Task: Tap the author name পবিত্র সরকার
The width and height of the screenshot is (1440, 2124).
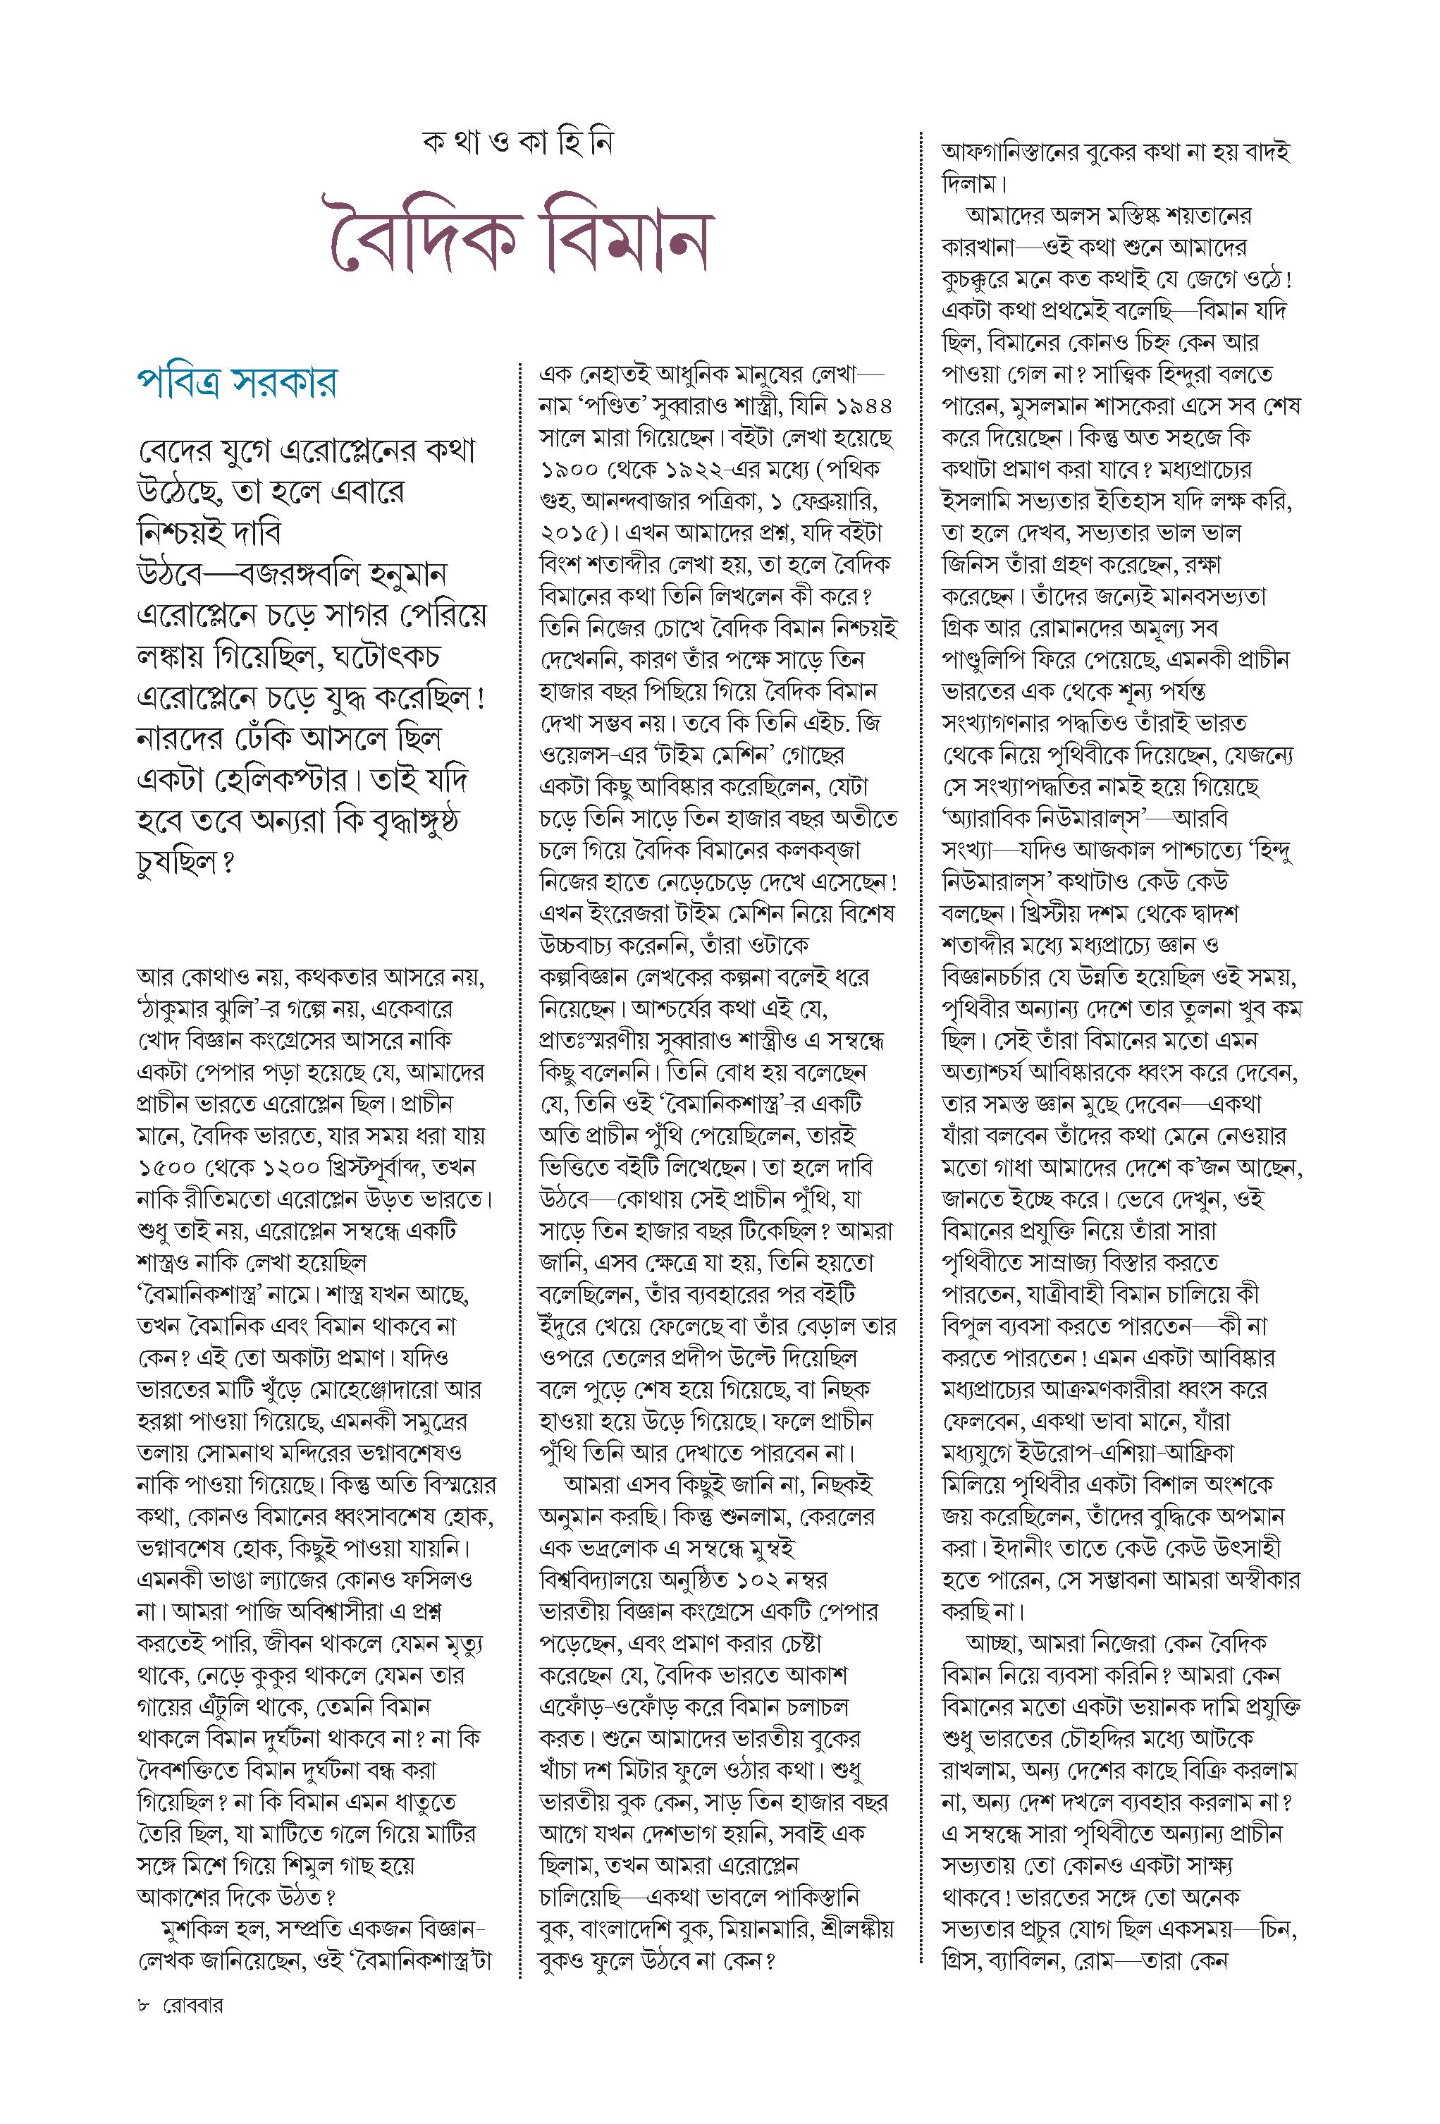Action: tap(235, 382)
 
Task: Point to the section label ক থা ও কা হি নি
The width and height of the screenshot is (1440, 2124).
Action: tap(517, 143)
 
